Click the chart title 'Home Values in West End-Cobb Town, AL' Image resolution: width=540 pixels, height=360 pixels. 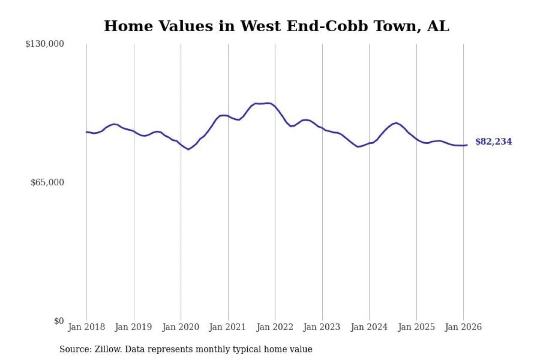click(276, 26)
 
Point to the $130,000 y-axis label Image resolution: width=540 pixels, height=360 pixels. click(44, 44)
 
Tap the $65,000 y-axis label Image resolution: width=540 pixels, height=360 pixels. click(47, 182)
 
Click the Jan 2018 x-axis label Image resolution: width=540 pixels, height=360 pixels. click(86, 327)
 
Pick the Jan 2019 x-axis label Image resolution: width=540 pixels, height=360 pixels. click(134, 327)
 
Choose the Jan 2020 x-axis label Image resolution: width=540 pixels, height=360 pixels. click(181, 327)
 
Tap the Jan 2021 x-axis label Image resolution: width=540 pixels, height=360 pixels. click(228, 327)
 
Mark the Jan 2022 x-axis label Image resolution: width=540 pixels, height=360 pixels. click(275, 327)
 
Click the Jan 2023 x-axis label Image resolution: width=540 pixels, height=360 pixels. click(322, 327)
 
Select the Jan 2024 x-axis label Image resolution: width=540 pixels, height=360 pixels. click(369, 327)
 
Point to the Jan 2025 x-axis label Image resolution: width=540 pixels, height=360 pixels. click(416, 327)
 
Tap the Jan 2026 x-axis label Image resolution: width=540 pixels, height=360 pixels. click(463, 327)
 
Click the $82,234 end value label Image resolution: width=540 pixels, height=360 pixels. click(494, 142)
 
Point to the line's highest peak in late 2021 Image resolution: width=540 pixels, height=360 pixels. click(267, 103)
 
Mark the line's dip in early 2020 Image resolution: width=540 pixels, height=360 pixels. click(189, 149)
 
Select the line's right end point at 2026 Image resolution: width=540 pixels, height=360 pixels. click(467, 145)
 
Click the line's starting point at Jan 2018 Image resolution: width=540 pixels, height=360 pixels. click(86, 132)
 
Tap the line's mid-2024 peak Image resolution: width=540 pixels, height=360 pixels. click(396, 123)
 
